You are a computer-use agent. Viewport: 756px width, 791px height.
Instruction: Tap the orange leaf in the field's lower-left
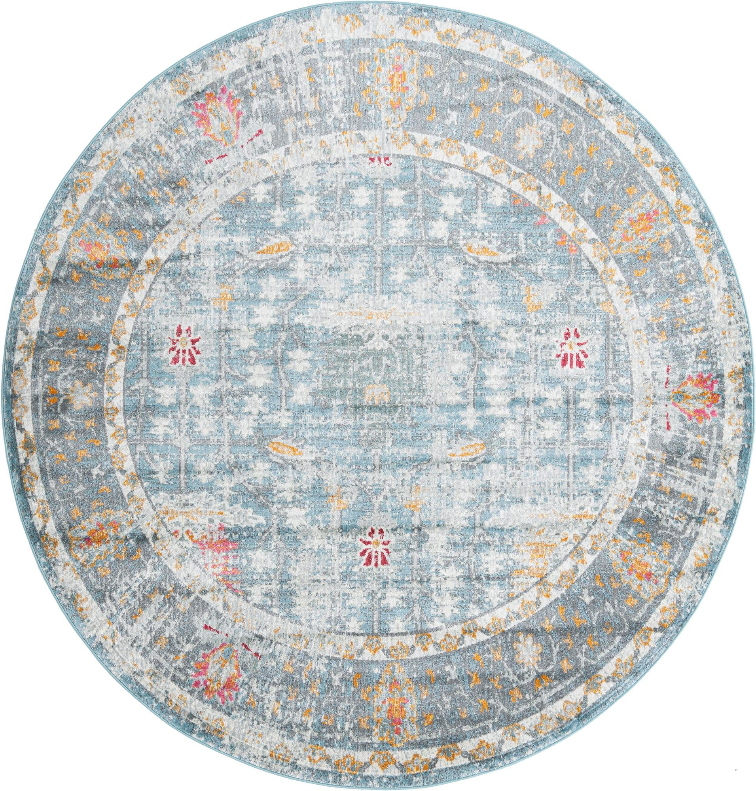coord(284,446)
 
